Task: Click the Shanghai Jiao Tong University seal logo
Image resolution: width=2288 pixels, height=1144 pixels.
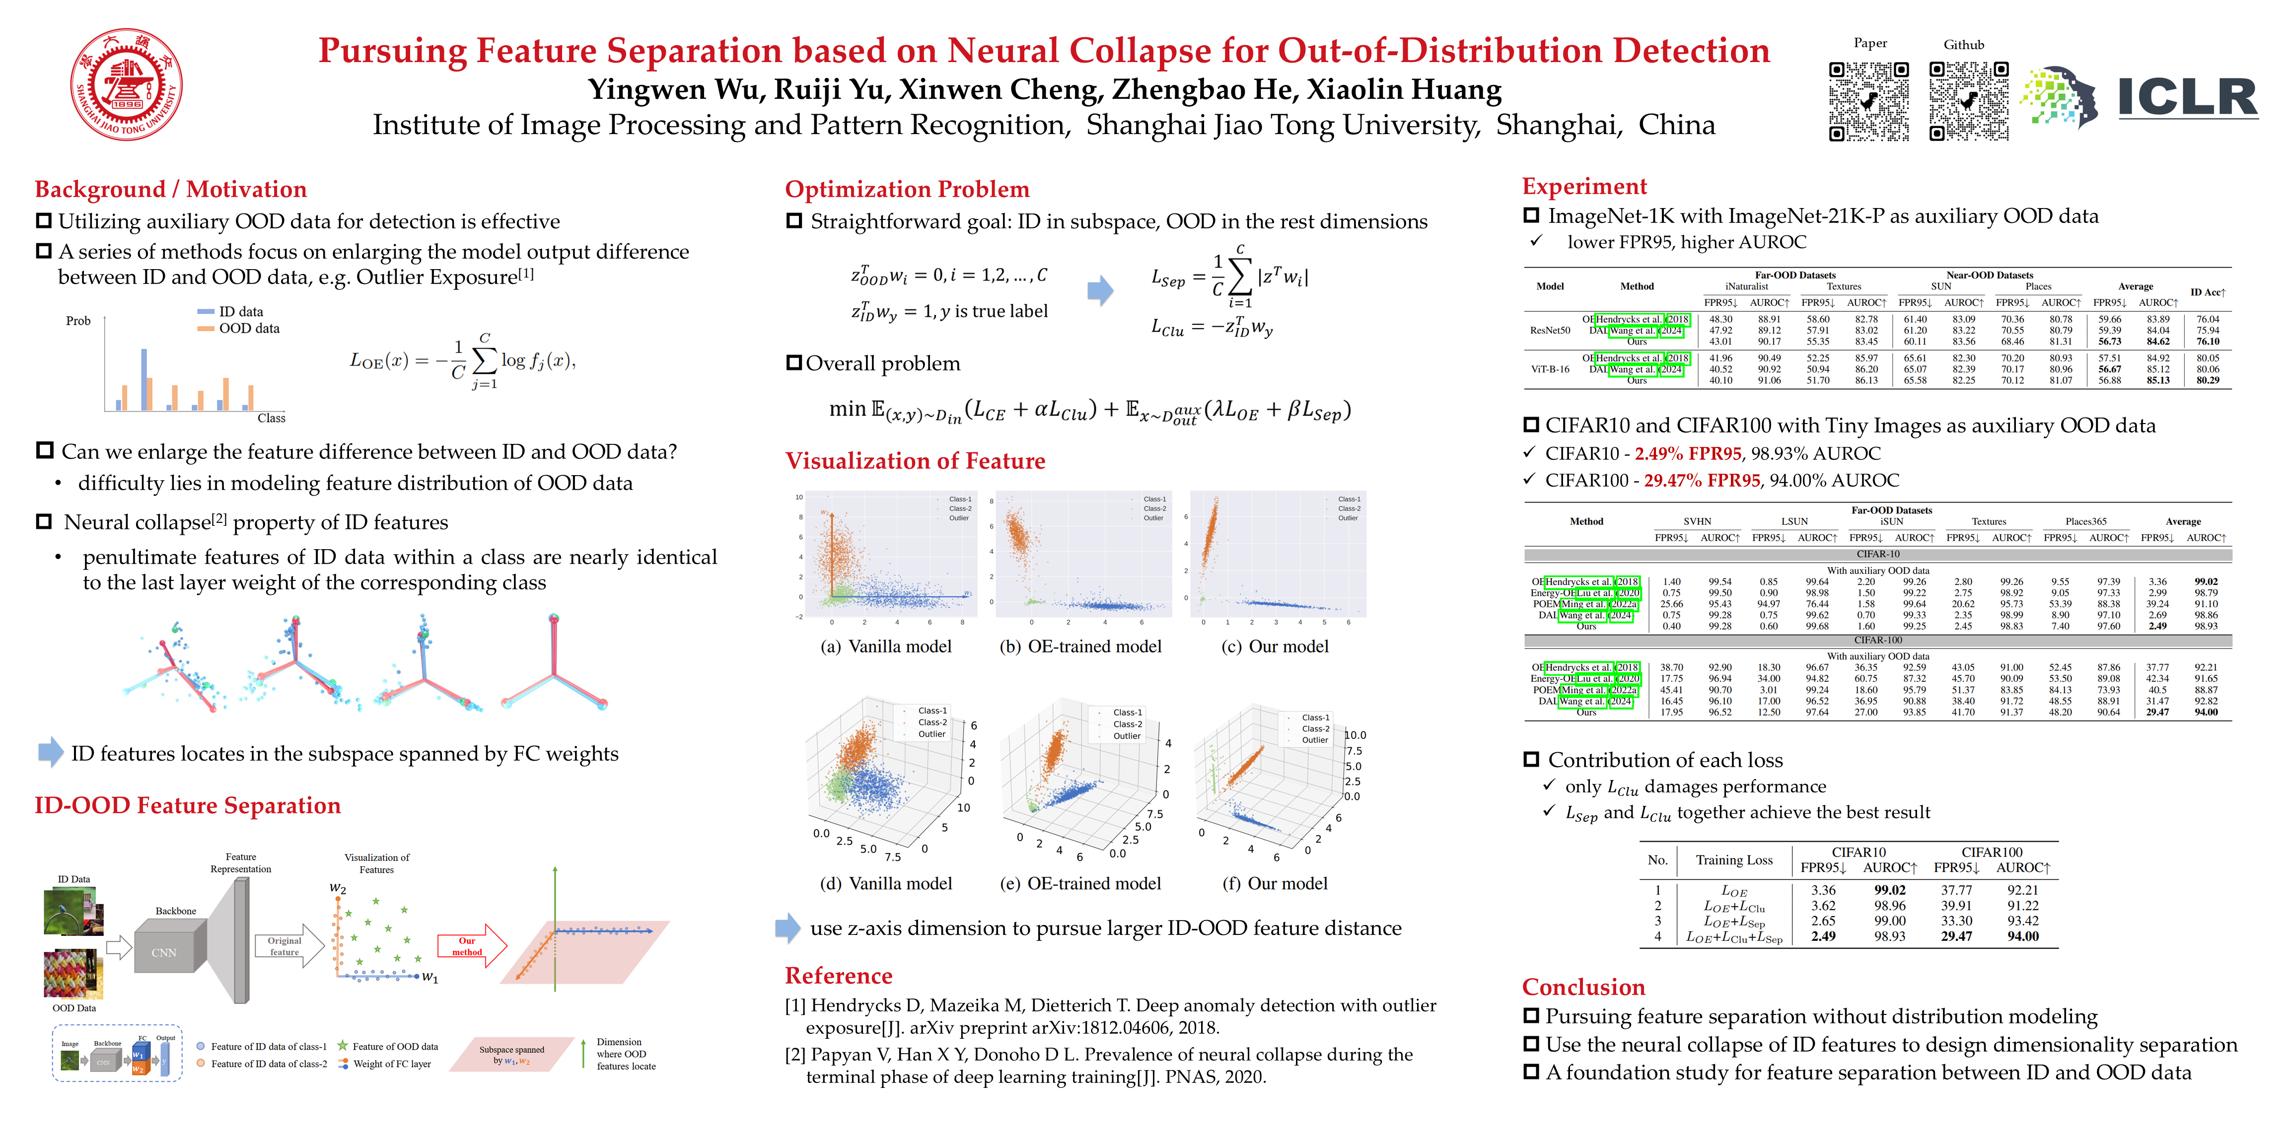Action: (127, 84)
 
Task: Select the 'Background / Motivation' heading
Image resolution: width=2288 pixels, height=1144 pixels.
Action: (170, 189)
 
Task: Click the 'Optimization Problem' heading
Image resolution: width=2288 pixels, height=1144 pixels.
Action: (907, 189)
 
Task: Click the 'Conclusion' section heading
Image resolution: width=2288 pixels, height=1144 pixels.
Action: (1583, 987)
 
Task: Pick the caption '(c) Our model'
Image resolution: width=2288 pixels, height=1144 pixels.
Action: (1276, 646)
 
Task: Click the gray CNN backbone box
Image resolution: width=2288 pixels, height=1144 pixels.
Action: (164, 952)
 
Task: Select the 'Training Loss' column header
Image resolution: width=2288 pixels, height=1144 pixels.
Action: (1734, 860)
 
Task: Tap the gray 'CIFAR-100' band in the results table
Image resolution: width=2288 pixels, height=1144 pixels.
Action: (1878, 640)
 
